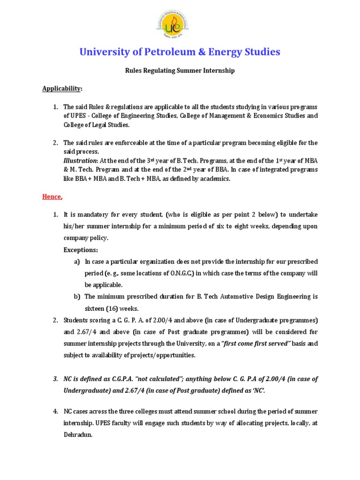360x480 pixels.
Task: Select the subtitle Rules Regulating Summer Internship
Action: pos(180,70)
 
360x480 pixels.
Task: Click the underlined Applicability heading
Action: pos(62,88)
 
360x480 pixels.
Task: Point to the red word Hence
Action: pos(52,197)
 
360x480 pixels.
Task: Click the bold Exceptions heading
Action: pos(81,250)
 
